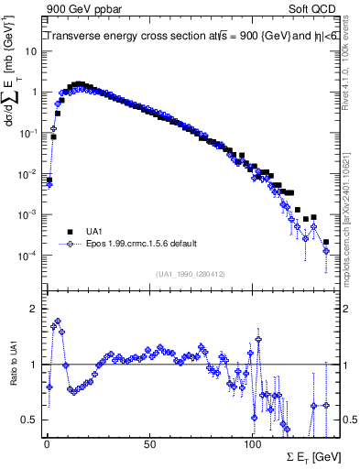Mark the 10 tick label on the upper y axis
tap(30, 51)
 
